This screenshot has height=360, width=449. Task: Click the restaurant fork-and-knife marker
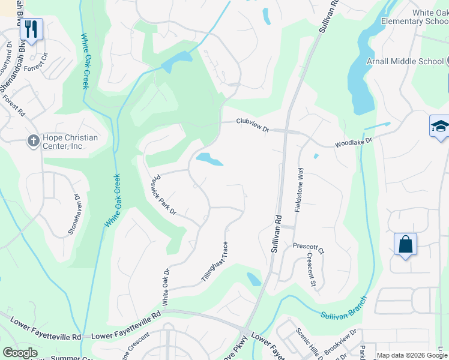point(31,29)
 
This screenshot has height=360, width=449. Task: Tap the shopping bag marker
point(405,245)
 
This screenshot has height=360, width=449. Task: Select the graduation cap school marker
point(440,127)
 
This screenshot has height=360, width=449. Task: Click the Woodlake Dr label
point(354,142)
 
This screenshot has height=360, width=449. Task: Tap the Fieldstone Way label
point(299,189)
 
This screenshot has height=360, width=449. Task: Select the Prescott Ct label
point(309,247)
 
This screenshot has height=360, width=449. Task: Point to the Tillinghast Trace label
point(214,262)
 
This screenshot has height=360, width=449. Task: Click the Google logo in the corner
point(20,353)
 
